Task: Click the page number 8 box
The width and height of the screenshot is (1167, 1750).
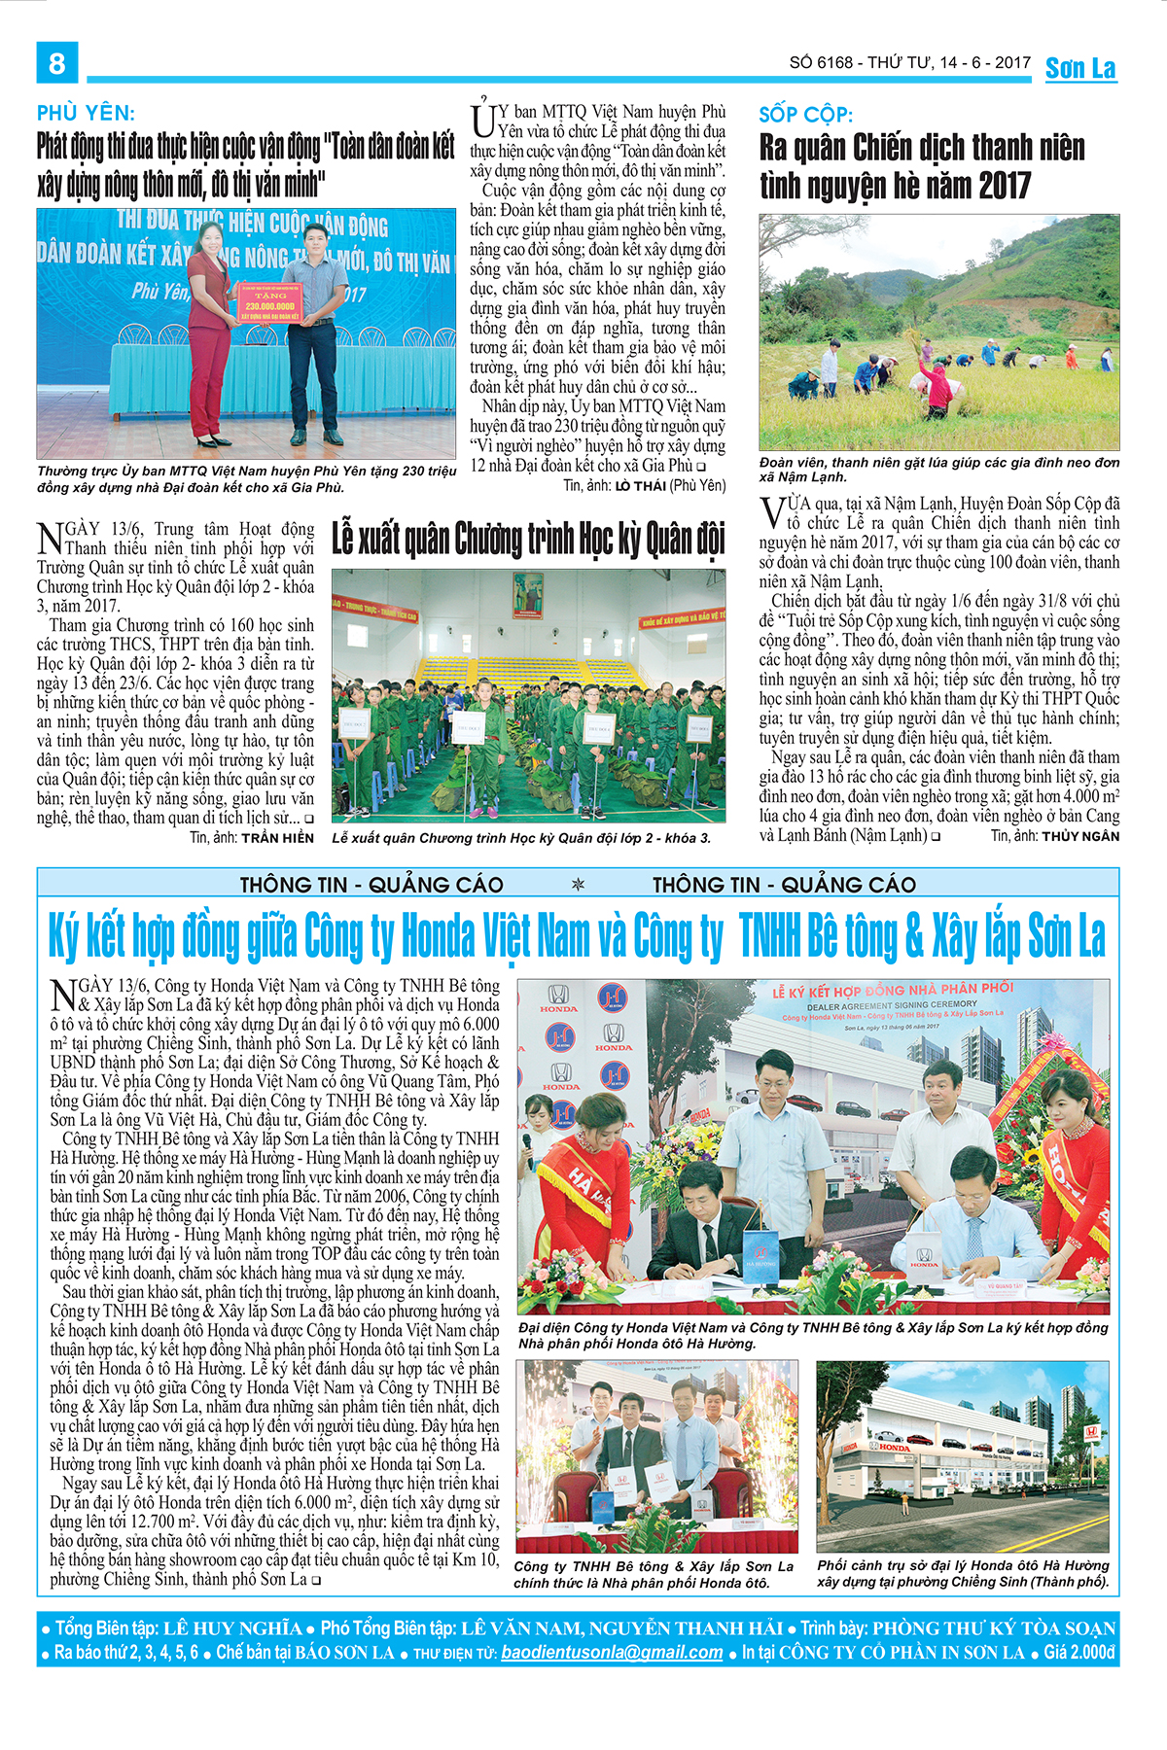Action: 57,63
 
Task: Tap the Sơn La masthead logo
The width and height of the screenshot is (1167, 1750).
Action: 1080,68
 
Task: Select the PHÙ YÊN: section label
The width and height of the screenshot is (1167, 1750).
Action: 86,114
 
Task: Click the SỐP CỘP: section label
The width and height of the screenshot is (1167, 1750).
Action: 805,115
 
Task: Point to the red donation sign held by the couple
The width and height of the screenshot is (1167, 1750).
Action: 270,303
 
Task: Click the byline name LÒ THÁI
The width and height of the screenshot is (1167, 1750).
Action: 640,485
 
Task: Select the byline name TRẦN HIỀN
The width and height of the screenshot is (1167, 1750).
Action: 277,837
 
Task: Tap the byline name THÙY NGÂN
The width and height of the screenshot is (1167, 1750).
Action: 1080,835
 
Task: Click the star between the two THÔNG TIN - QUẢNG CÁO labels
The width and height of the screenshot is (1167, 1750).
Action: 579,885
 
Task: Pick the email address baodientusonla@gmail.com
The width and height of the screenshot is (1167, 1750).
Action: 612,1652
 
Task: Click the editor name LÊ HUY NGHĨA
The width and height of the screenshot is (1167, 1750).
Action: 232,1627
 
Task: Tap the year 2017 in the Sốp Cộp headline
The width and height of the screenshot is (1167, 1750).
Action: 993,185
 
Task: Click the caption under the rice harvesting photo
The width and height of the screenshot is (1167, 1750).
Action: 938,470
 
